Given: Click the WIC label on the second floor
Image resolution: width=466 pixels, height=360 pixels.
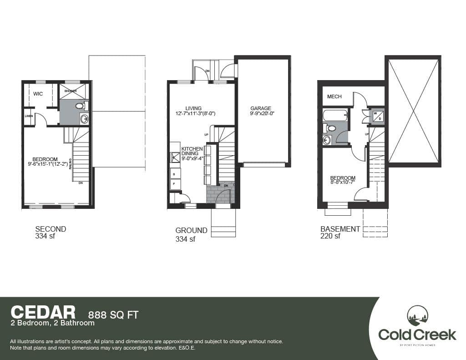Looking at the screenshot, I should [38, 93].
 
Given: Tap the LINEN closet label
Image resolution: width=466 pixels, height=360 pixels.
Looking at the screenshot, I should [28, 116].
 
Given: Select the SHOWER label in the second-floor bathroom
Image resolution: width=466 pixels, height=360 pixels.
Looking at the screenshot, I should [70, 91].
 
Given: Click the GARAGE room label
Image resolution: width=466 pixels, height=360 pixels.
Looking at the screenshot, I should [260, 109].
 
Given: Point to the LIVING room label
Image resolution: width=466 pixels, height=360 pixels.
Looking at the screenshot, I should [193, 108].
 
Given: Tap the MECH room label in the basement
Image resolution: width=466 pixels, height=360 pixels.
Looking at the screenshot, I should [334, 96].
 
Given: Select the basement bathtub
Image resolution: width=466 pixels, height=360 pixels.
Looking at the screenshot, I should [334, 115].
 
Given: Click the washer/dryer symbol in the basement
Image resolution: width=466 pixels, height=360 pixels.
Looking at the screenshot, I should [378, 116].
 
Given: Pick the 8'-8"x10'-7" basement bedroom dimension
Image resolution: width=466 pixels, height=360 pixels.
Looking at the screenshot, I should [343, 183].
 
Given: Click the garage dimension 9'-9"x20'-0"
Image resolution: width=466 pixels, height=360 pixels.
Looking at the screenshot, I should [263, 114].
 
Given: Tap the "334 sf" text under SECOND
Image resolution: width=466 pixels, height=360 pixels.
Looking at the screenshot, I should [45, 236].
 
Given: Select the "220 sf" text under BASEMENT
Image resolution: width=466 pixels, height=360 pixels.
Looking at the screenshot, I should [330, 236].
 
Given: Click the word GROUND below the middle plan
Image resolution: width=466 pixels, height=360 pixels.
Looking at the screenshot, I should [191, 230].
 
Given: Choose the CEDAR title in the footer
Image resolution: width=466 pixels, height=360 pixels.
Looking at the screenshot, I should [43, 312].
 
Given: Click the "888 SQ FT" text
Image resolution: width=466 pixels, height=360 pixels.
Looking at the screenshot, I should [113, 314].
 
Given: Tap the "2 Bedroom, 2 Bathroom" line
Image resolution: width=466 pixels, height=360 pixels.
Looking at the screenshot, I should [52, 323].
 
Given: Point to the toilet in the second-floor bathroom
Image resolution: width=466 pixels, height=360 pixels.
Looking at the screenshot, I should [79, 106].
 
